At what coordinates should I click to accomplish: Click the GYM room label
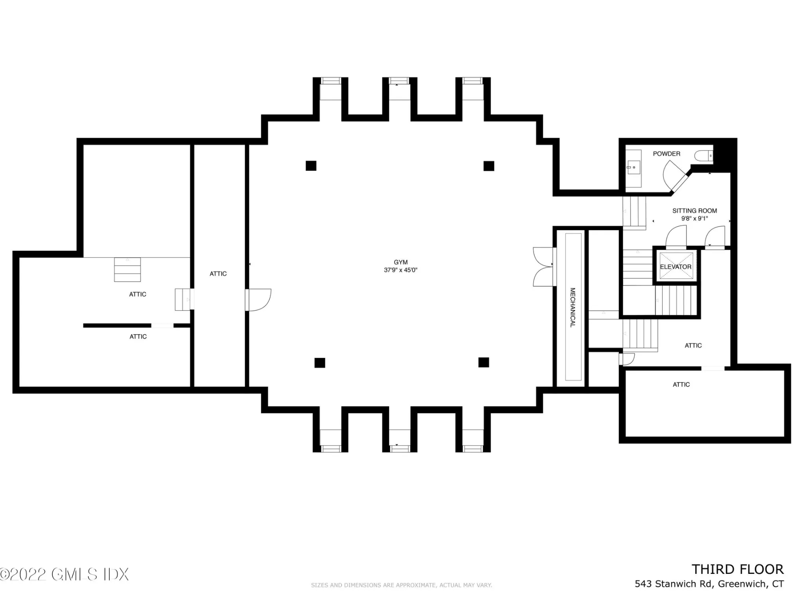coord(400,262)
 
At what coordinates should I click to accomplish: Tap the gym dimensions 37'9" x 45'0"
coord(400,270)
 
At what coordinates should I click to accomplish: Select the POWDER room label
coord(666,154)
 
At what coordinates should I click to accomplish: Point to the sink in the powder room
coord(633,167)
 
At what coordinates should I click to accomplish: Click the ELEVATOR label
coord(675,267)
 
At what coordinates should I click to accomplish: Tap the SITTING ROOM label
coord(694,211)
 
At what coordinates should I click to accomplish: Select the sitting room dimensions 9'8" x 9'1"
coord(694,218)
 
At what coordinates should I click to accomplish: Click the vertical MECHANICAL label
coord(572,307)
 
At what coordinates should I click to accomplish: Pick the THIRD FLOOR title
coord(737,569)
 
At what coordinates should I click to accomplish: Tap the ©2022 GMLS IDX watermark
coord(65,574)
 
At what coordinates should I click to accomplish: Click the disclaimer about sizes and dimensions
coord(401,585)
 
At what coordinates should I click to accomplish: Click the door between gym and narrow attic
coord(258,300)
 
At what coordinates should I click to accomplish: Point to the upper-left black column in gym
coord(311,166)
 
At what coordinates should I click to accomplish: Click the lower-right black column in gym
coord(483,362)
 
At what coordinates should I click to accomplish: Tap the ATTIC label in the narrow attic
coord(218,274)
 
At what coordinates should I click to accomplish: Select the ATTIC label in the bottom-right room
coord(681,385)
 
